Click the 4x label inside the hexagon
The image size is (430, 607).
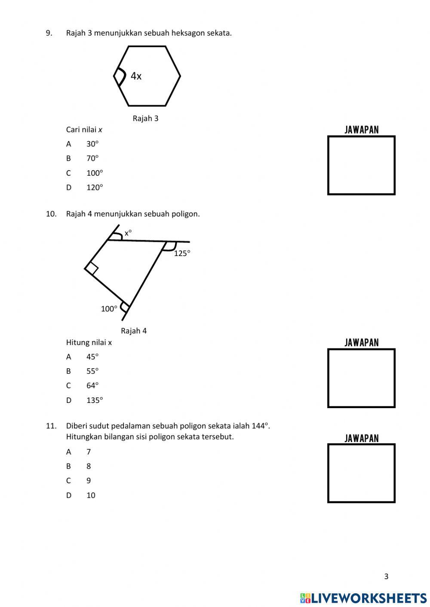click(x=136, y=76)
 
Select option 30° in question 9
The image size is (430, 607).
click(x=92, y=144)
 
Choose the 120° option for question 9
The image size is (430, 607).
click(x=95, y=187)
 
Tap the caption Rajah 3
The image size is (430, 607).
click(x=145, y=118)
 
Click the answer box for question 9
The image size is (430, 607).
click(x=361, y=165)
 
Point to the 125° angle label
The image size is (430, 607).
click(x=182, y=253)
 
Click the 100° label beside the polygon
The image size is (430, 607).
click(x=109, y=308)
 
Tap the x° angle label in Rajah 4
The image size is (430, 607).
click(x=128, y=233)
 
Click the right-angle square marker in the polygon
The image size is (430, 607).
click(x=92, y=268)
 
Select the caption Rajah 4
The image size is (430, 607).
click(x=134, y=331)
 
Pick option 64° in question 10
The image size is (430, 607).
click(x=92, y=385)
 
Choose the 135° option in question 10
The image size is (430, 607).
click(x=95, y=400)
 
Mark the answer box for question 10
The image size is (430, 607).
click(x=361, y=378)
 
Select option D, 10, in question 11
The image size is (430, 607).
click(x=91, y=495)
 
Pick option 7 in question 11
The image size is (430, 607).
click(x=89, y=451)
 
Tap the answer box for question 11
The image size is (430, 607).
click(x=361, y=473)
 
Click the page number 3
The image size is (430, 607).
click(x=386, y=576)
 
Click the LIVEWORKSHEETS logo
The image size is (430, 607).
click(x=363, y=598)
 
